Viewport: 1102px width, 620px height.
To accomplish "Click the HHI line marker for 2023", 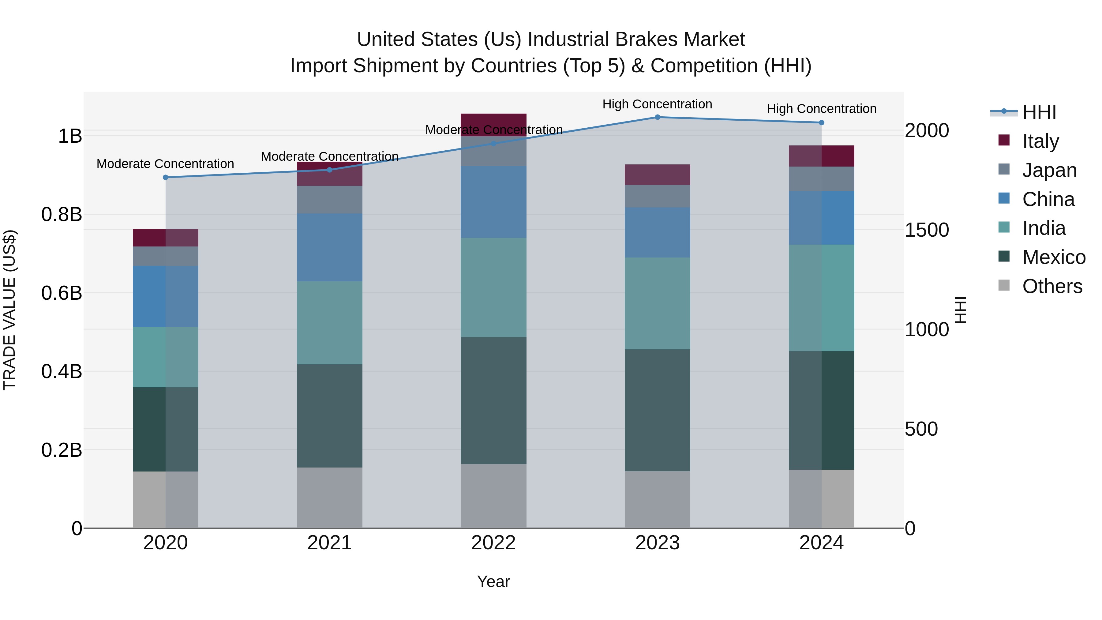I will coord(658,117).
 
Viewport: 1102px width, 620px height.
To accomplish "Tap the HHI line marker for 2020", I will coord(166,177).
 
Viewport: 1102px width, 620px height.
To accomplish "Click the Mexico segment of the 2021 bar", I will coord(329,415).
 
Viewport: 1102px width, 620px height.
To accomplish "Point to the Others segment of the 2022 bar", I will coord(493,496).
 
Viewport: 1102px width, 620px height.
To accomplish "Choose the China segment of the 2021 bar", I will coord(329,247).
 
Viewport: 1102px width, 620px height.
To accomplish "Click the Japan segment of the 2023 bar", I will coord(658,196).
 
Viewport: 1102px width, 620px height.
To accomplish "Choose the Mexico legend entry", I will coord(1053,257).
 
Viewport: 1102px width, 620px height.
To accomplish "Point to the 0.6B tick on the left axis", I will coord(61,293).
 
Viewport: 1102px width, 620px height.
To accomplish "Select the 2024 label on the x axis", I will coord(821,543).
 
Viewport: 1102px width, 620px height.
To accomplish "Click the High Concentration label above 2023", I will coord(657,104).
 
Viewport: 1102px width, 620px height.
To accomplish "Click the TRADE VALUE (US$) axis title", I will coord(9,310).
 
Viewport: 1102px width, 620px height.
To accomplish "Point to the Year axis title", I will coord(493,581).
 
